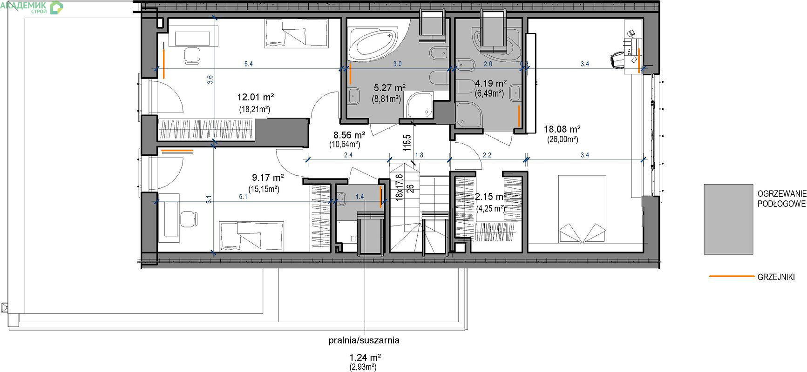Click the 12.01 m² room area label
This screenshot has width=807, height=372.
[x=255, y=97]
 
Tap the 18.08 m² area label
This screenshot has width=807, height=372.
[x=562, y=129]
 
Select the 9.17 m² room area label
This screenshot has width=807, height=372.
[x=268, y=178]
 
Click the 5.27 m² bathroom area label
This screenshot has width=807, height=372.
[x=390, y=87]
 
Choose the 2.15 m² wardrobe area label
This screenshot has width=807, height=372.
[x=490, y=197]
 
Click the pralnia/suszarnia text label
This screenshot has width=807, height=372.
[x=364, y=340]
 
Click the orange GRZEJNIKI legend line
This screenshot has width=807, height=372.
[x=731, y=276]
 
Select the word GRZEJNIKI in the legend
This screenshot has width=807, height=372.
[x=776, y=277]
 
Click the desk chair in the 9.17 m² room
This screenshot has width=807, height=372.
[x=188, y=219]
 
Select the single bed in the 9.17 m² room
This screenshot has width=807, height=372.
[x=251, y=237]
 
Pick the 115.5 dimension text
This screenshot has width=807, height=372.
[x=407, y=143]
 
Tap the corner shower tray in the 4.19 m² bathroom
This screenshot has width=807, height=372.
[x=468, y=114]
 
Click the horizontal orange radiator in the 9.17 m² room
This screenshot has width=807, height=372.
[x=177, y=151]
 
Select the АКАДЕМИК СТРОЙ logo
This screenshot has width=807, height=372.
[x=33, y=7]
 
